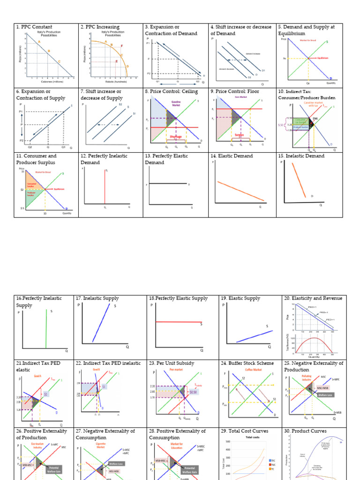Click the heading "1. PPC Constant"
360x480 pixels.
point(34,27)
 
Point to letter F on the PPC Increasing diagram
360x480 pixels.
point(122,46)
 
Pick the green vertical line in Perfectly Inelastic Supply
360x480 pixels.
point(46,328)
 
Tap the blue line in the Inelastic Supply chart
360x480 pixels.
point(102,323)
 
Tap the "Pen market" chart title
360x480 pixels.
point(176,369)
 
